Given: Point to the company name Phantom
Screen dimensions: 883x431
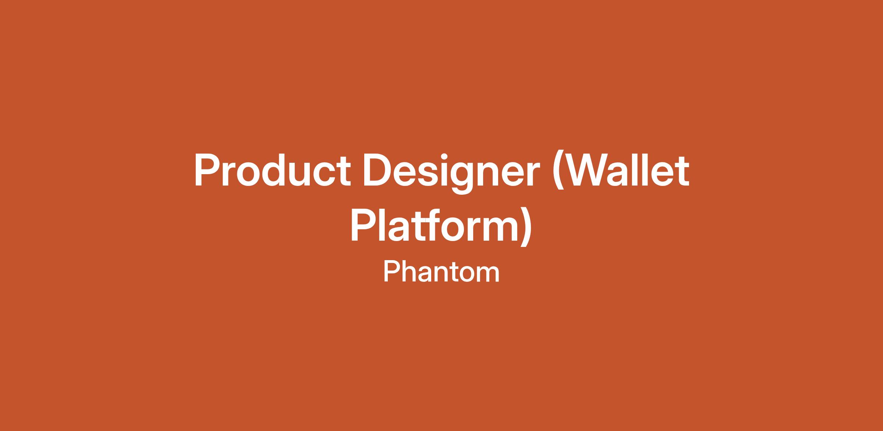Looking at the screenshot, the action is click(x=441, y=272).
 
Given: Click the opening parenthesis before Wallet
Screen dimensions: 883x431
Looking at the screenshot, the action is click(x=558, y=172).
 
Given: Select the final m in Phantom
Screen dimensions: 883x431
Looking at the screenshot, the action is click(x=488, y=275).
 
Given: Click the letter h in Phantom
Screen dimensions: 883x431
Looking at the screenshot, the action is click(x=410, y=272).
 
